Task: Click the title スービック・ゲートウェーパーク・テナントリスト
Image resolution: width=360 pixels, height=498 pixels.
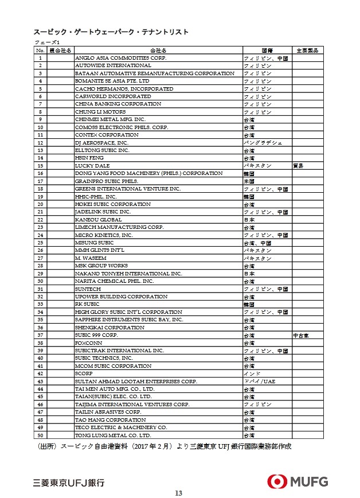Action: coord(111,32)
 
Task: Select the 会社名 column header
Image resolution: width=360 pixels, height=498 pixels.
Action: coord(158,50)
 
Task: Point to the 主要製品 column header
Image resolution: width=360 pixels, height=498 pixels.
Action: coord(307,50)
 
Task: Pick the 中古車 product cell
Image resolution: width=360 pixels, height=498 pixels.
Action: coord(301,335)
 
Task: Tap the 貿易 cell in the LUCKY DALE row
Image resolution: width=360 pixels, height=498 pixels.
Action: coord(298,166)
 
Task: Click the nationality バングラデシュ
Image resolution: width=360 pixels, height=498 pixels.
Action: coord(263,143)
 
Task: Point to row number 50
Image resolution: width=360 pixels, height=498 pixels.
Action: coord(40,435)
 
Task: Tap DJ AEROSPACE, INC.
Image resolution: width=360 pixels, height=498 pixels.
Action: coord(101,143)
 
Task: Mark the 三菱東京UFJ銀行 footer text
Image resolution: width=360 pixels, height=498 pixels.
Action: coord(69,482)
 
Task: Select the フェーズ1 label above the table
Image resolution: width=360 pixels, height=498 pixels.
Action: coord(47,42)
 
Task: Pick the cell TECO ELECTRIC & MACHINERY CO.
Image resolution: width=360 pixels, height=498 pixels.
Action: coord(121,427)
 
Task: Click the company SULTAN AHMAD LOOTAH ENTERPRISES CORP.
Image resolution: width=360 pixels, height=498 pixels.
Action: coord(136,382)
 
